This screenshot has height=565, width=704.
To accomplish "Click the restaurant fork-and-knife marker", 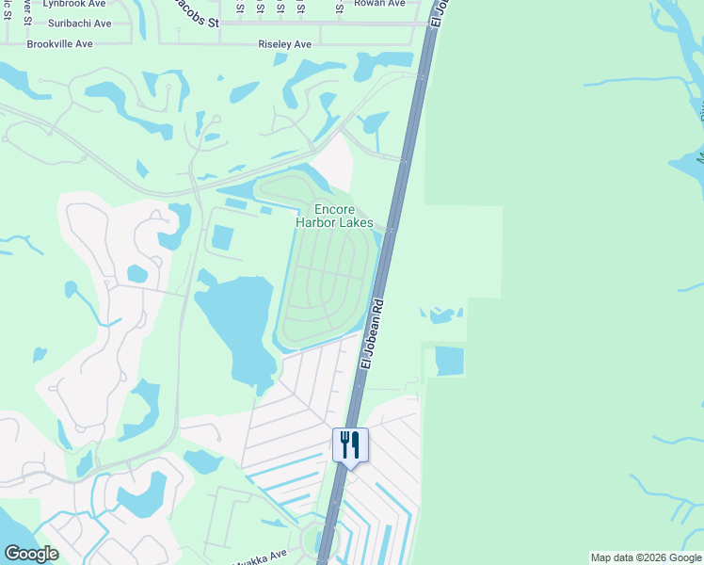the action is pos(350,445).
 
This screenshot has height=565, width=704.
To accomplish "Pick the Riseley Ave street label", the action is pos(284,44).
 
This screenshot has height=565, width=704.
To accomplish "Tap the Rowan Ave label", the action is pos(379,4).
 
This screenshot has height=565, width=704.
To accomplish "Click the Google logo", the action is pos(31,554).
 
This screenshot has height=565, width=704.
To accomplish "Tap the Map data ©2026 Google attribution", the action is pos(645,558).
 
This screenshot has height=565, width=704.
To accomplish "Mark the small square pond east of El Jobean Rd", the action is pos(449,362).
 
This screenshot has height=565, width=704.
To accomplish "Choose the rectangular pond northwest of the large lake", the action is pos(222,238).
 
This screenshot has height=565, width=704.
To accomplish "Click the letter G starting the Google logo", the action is pos(11,554).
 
